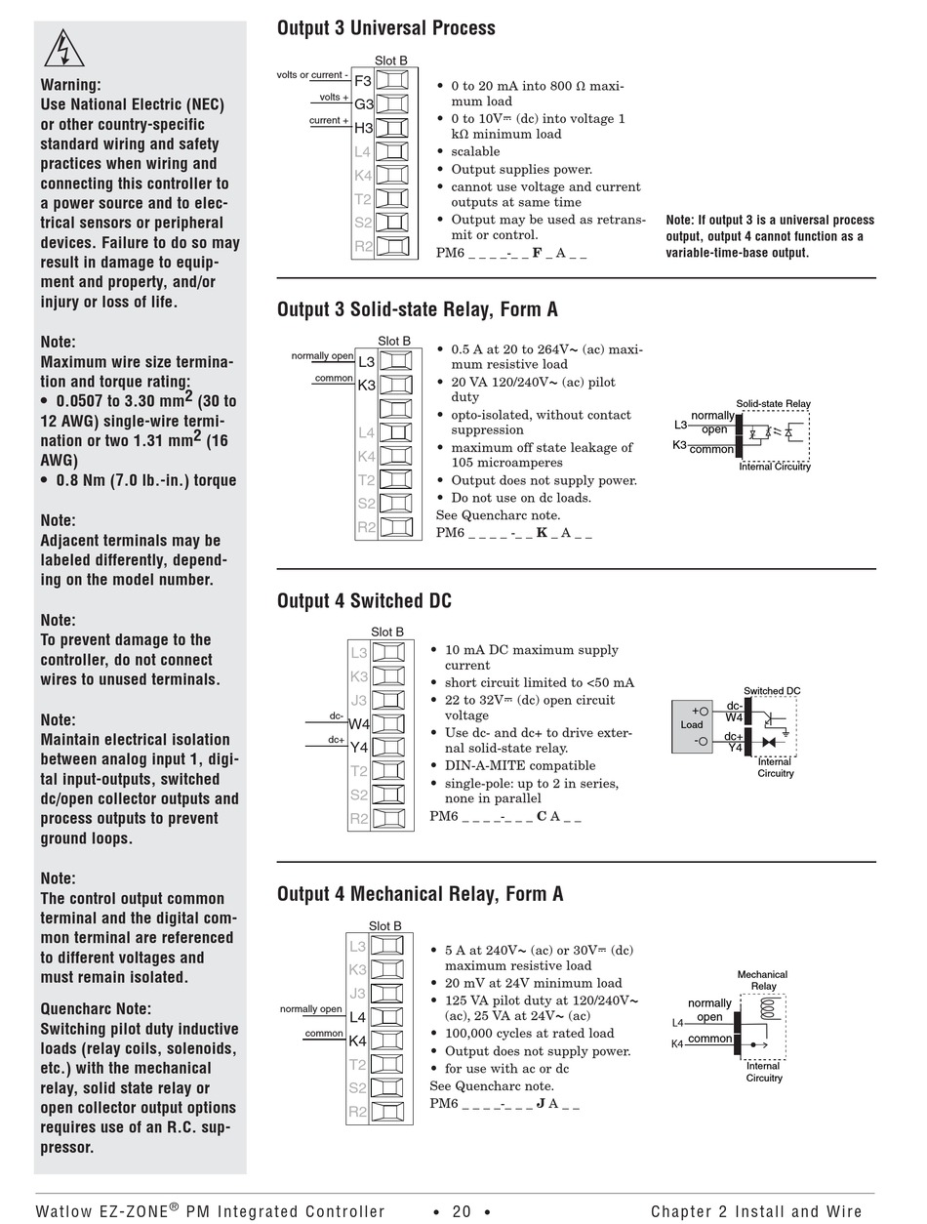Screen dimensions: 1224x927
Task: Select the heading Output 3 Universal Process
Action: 385,28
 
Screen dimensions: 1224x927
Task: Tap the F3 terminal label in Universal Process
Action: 363,81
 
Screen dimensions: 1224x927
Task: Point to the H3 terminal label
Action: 363,128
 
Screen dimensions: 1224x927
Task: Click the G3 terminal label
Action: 363,104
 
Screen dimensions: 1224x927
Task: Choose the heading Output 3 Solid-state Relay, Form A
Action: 417,309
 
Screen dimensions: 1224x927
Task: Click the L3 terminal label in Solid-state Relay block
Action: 366,362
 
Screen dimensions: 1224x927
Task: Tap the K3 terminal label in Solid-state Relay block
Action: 366,386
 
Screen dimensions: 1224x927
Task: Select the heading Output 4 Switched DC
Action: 364,600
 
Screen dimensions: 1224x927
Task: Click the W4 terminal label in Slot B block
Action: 358,724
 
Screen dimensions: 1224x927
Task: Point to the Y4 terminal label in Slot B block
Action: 358,748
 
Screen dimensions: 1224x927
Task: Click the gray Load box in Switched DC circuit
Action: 692,725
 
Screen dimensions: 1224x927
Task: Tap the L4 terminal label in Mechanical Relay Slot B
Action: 357,1017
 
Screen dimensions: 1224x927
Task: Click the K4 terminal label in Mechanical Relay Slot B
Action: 357,1040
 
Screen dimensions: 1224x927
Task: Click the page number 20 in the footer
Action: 462,1211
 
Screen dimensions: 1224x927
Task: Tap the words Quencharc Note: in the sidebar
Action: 96,1009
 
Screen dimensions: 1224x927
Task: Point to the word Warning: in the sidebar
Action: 70,85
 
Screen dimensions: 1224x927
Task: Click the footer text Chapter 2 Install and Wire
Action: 756,1211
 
